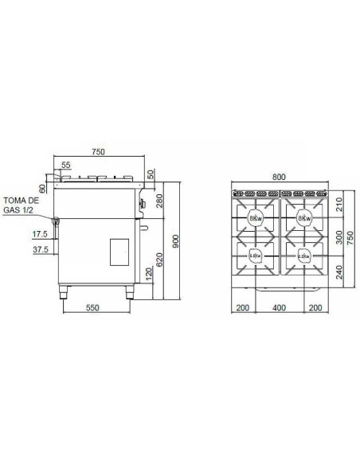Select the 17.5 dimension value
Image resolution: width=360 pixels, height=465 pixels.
[x=40, y=234]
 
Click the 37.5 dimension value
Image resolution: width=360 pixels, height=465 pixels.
[x=40, y=248]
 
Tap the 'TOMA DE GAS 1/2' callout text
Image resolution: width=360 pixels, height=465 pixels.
[x=20, y=205]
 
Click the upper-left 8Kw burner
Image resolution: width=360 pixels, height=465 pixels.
[x=255, y=218]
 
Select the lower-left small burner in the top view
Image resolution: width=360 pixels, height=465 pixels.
[x=255, y=256]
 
